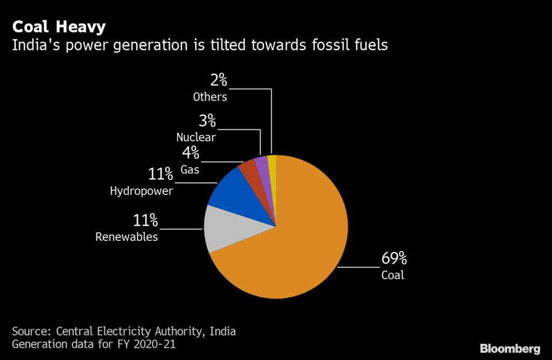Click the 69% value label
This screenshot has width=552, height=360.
point(395,259)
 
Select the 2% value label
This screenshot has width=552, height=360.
point(219,81)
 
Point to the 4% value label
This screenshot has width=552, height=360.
point(190,154)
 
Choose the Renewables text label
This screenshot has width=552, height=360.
point(127,237)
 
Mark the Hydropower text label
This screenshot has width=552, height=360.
point(142,191)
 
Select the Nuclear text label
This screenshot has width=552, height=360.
point(196,137)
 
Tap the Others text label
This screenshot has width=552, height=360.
point(210,97)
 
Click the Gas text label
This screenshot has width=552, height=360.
point(190,169)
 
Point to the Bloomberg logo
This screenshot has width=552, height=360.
point(510,348)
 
